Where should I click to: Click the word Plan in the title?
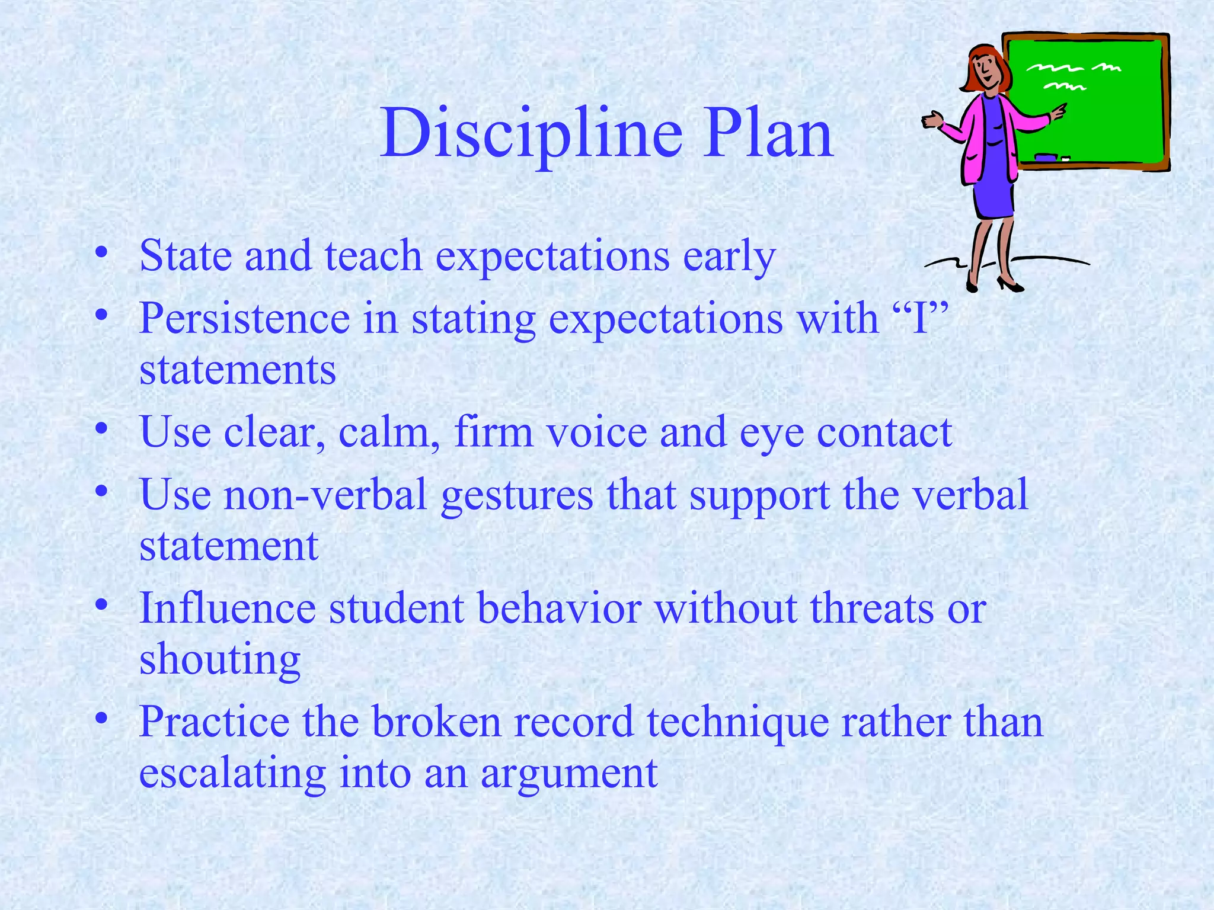[x=768, y=135]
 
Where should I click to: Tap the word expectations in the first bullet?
[x=552, y=257]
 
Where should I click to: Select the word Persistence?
[x=244, y=319]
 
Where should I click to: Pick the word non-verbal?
[x=325, y=495]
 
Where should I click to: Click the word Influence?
[x=227, y=608]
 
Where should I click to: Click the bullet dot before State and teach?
[x=102, y=252]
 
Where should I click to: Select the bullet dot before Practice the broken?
[x=102, y=718]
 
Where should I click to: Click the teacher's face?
[x=986, y=69]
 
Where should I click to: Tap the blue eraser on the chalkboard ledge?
[x=1046, y=157]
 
